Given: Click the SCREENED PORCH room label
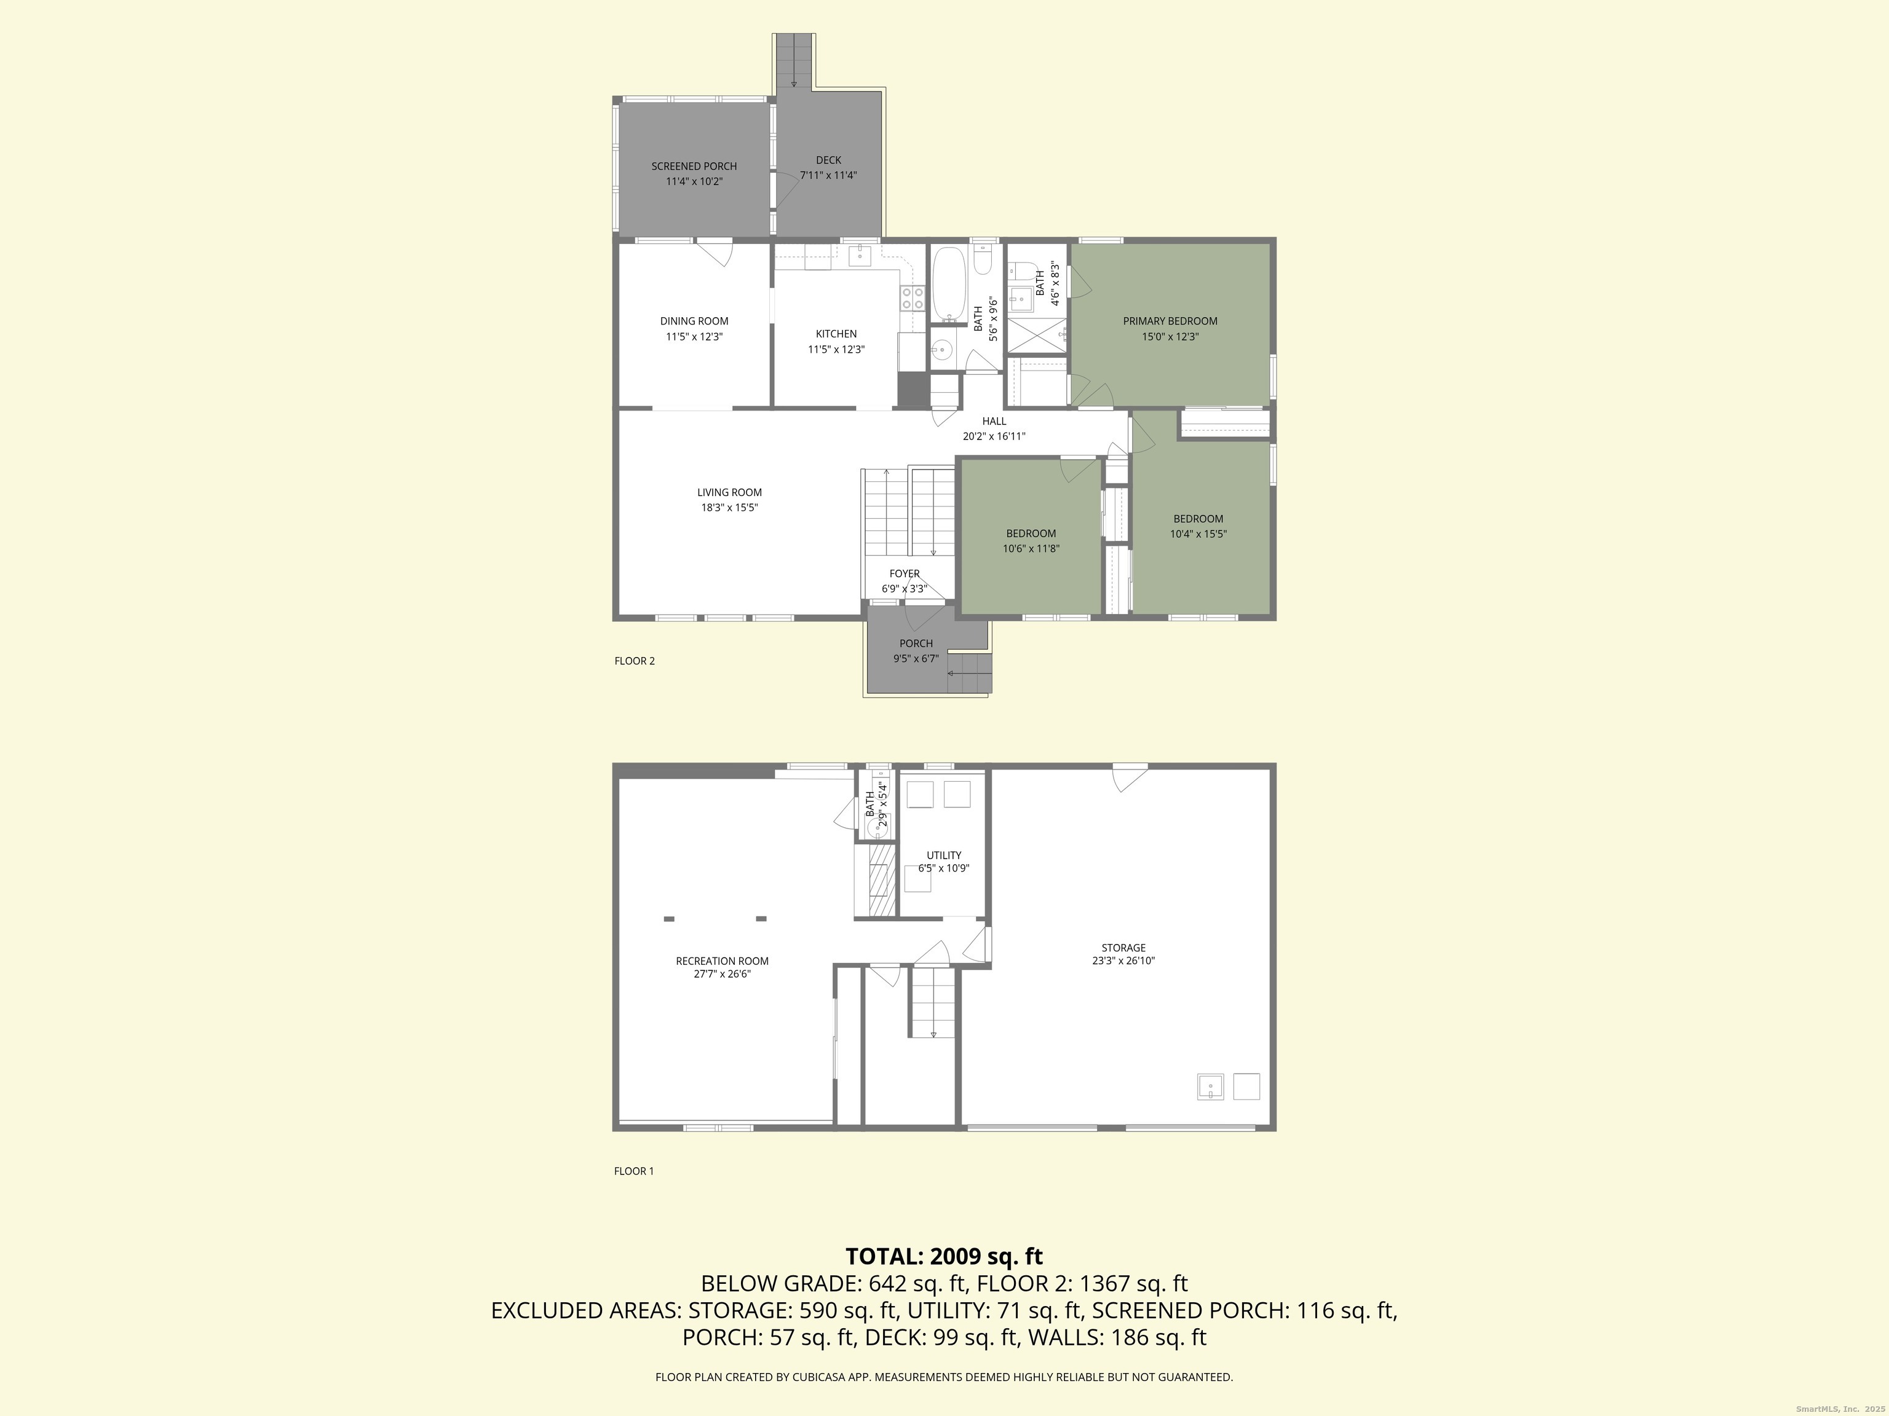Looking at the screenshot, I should pos(694,167).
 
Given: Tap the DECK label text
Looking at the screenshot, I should pos(828,160).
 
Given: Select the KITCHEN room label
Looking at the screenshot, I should pos(836,334).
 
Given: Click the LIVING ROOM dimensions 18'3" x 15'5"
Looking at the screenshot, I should pos(729,508).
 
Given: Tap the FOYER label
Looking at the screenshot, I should pos(905,573).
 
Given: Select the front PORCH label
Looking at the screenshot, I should pos(916,643).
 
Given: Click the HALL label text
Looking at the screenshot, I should pos(994,421).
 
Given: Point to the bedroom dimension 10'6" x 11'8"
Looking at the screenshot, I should pos(1031,549).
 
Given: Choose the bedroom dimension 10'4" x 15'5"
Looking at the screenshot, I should pos(1198,534).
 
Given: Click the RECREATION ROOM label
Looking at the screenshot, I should pos(722,961).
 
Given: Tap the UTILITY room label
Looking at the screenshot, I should pos(944,855).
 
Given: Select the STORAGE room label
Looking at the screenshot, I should pos(1123,948).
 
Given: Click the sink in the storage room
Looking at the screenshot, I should pos(1210,1087).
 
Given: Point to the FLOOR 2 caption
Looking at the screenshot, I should pos(635,661).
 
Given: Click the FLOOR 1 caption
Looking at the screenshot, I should pos(633,1171).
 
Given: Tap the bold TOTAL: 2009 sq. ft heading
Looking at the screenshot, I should pos(944,1256).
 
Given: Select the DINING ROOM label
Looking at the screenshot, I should pos(694,321).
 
